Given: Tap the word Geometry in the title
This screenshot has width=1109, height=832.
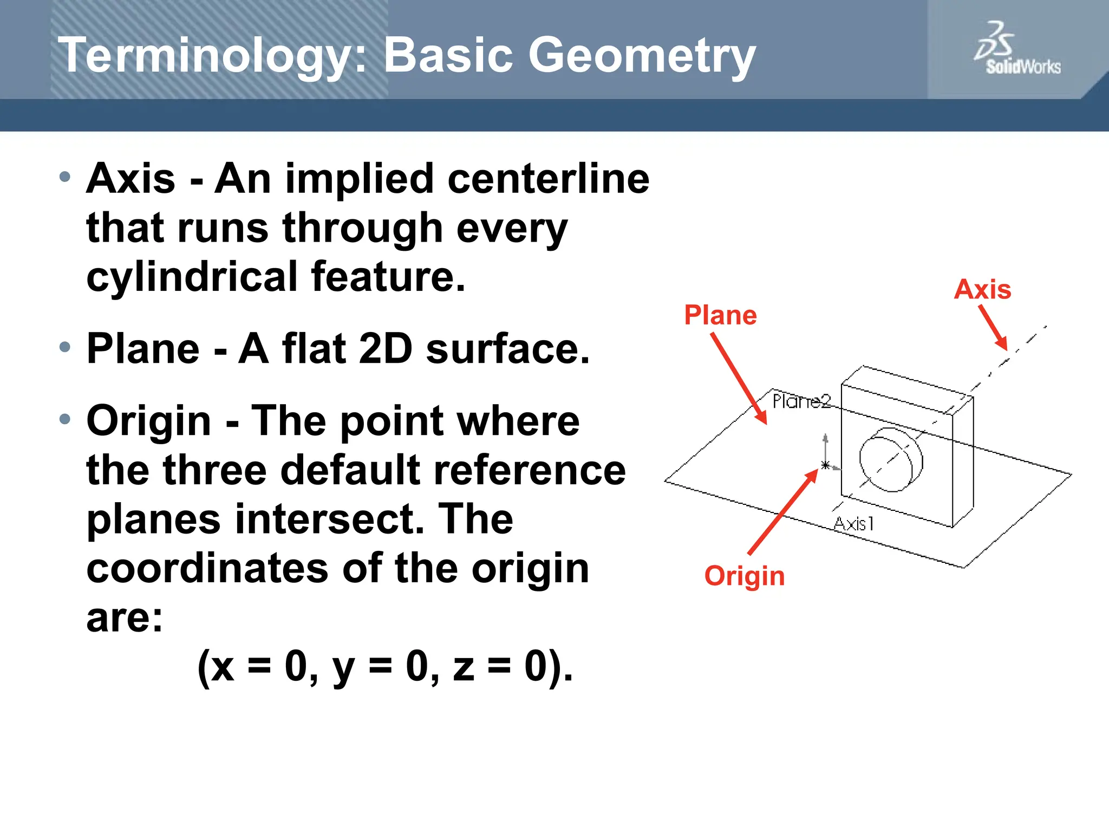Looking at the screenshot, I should click(641, 56).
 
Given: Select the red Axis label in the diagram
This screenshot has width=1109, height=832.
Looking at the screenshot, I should click(982, 289).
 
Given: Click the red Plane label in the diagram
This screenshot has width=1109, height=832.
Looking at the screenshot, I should click(720, 315).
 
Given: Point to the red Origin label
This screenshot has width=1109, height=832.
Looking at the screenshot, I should click(744, 576).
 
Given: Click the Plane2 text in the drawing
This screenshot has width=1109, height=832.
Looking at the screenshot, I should click(801, 401).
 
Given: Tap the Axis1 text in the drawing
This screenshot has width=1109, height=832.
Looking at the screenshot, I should click(854, 523).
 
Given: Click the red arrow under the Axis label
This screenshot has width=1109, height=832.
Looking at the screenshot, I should click(993, 328).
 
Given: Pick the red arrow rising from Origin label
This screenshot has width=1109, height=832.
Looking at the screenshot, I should click(783, 512).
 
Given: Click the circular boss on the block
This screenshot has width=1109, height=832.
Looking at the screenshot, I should click(890, 459).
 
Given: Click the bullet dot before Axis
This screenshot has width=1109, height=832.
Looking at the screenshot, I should click(65, 177).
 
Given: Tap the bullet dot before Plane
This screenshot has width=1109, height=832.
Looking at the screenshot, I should click(65, 347).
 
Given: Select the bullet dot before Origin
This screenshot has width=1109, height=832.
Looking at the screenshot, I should click(65, 419).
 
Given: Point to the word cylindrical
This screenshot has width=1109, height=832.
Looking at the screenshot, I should click(192, 277).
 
